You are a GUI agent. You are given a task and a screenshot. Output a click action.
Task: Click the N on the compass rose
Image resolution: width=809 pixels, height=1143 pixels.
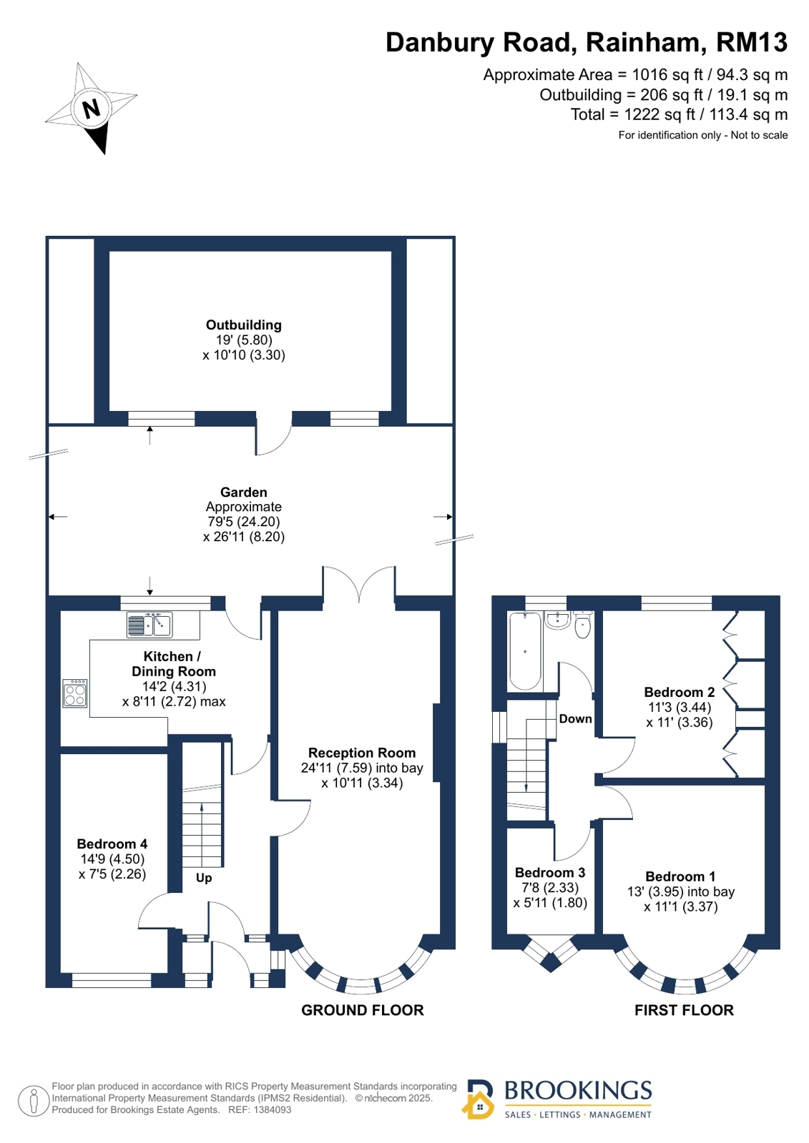[x=92, y=108]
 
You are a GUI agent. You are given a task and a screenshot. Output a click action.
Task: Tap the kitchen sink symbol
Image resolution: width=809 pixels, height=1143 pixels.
[x=149, y=625]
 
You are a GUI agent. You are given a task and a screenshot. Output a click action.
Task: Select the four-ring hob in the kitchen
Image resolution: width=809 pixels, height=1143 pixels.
[x=74, y=693]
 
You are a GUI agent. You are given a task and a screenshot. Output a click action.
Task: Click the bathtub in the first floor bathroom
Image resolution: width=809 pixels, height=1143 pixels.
[x=524, y=650]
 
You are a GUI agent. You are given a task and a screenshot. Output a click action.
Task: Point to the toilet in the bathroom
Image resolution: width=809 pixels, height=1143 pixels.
[x=583, y=624]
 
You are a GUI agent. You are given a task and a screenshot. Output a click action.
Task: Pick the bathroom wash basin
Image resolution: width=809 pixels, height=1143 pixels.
[x=557, y=620]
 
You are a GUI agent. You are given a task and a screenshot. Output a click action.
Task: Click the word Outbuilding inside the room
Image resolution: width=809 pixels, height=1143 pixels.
[x=244, y=325]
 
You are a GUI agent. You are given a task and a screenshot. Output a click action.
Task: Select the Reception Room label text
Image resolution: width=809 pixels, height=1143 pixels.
[x=362, y=753]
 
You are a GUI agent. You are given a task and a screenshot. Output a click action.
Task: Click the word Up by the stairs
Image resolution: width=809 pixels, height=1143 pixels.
[x=204, y=879]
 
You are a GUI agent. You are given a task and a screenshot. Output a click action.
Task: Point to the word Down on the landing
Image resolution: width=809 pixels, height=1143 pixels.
[x=576, y=718]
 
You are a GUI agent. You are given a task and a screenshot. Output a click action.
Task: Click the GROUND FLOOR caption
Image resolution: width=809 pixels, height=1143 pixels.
[x=362, y=1010]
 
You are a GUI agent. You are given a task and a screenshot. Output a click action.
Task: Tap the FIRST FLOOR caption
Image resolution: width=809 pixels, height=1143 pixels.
[x=684, y=1010]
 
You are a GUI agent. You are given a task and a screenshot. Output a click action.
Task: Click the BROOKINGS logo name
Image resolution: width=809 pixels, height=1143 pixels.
[x=578, y=1090]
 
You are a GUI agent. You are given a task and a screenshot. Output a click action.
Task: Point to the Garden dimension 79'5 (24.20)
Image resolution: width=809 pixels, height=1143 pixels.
[x=244, y=522]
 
